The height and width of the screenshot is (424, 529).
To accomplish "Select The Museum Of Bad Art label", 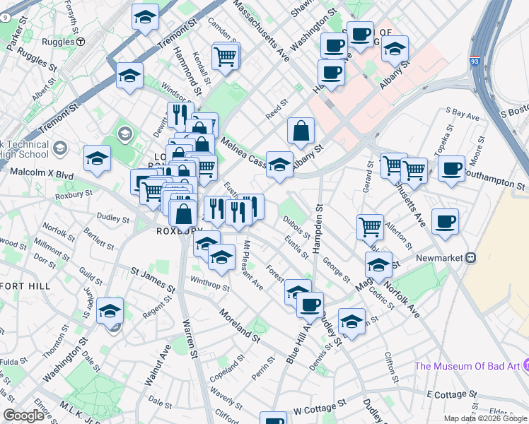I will click(467, 365).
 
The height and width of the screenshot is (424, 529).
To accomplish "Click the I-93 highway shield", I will click(475, 63).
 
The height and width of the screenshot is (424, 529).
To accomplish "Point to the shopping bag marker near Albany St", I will click(301, 131).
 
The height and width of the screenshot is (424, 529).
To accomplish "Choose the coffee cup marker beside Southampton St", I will click(451, 170).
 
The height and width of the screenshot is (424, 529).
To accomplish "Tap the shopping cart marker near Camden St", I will click(226, 56).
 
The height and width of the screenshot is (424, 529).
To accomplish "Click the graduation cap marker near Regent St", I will click(110, 311).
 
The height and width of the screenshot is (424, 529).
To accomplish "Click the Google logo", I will click(23, 416).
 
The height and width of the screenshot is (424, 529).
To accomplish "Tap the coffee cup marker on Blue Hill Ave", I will click(310, 305).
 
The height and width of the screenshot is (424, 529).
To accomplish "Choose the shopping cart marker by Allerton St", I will click(370, 227).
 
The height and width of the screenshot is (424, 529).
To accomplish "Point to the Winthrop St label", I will click(210, 283).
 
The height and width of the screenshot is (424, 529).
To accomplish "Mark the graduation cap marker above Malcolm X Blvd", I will click(97, 160).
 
